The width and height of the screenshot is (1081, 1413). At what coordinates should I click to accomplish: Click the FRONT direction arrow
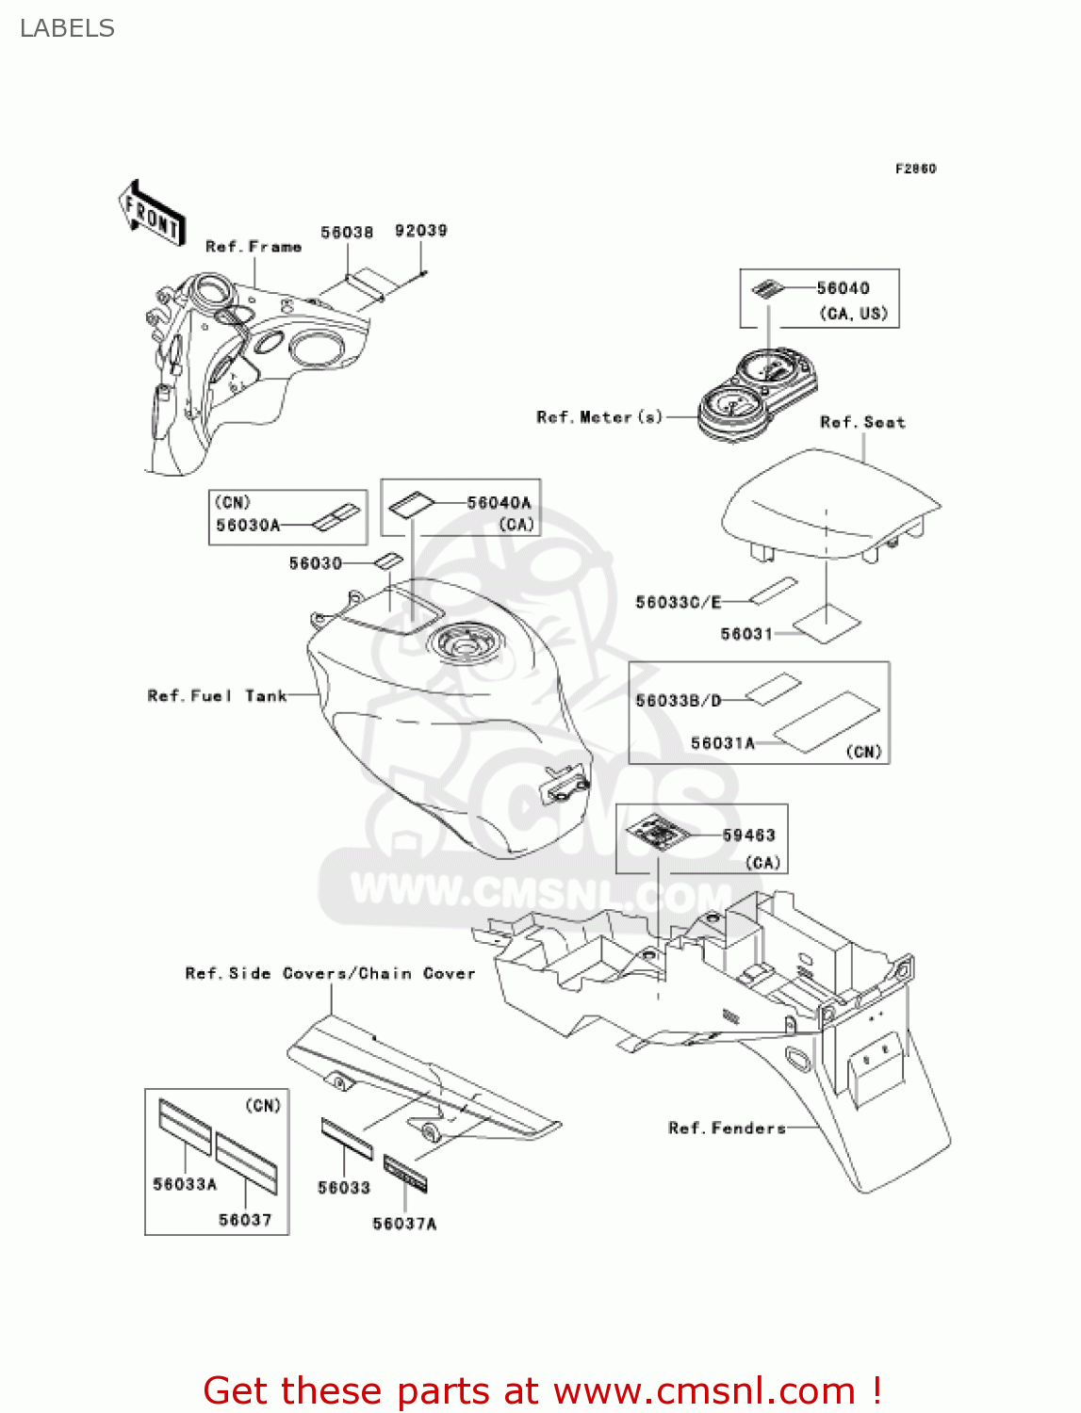tap(151, 214)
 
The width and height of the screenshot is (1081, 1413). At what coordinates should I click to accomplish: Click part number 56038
tap(346, 232)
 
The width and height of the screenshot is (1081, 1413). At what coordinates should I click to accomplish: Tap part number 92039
tap(420, 231)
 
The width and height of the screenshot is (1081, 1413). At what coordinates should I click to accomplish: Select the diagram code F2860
tap(915, 169)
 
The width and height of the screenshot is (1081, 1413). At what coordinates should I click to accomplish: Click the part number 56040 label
tap(843, 288)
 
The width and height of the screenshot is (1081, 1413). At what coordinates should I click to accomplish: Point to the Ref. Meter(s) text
tap(599, 416)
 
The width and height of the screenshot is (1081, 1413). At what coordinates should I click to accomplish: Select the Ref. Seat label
tap(862, 422)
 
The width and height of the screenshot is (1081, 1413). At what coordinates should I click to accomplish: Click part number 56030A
tap(248, 526)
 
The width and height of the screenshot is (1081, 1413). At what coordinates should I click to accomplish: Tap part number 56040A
tap(499, 503)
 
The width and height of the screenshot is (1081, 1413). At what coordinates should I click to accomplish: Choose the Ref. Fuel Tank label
tap(217, 696)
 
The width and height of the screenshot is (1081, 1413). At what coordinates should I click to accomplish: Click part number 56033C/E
tap(678, 602)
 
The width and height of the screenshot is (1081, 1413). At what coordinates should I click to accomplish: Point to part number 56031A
tap(723, 743)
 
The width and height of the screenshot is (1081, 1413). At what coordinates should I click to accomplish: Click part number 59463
tap(748, 836)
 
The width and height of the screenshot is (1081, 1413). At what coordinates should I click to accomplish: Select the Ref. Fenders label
tap(727, 1128)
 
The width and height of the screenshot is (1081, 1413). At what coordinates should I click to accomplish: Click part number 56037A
tap(404, 1224)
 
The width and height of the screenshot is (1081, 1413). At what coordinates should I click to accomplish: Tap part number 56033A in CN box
tap(185, 1184)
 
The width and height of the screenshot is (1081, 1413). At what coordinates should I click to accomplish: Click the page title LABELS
tap(67, 28)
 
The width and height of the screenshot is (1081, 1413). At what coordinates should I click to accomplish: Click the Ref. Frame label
tap(254, 247)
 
